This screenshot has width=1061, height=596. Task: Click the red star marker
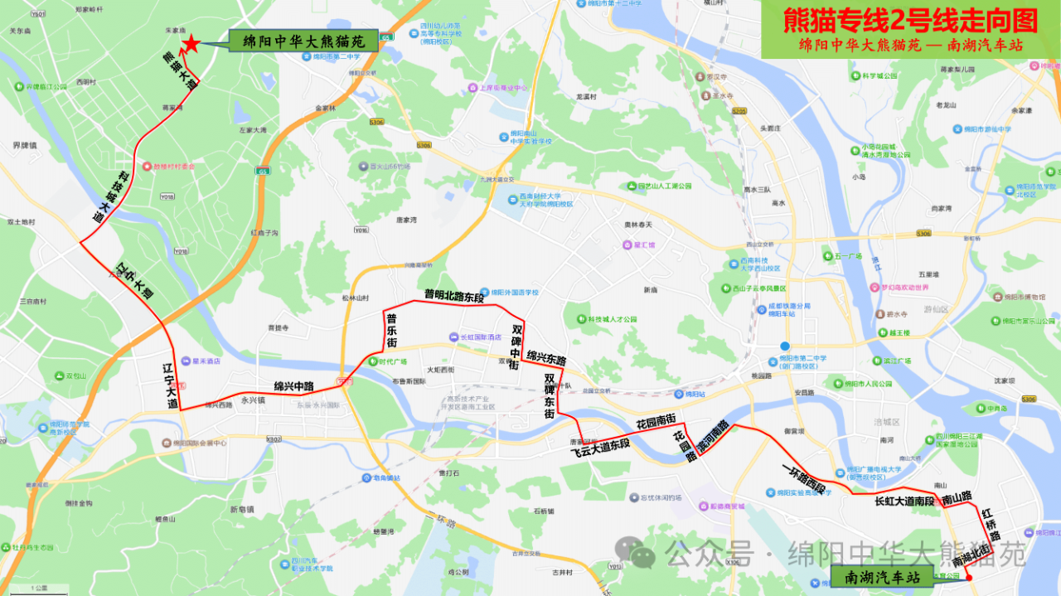[x=191, y=44]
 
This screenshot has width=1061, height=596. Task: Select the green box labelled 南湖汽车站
[x=882, y=576]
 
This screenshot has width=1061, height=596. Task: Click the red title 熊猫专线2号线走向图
[x=910, y=19]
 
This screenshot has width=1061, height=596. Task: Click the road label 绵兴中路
[x=293, y=386]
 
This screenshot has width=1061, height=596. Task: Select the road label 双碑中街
[x=516, y=346]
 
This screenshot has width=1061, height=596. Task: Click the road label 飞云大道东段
[x=600, y=448]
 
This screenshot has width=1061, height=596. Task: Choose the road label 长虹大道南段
[x=904, y=502]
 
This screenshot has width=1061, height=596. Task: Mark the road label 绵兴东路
[x=546, y=360]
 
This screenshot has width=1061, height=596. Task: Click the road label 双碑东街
[x=550, y=396]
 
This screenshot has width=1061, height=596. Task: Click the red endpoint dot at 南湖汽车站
[x=968, y=575]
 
